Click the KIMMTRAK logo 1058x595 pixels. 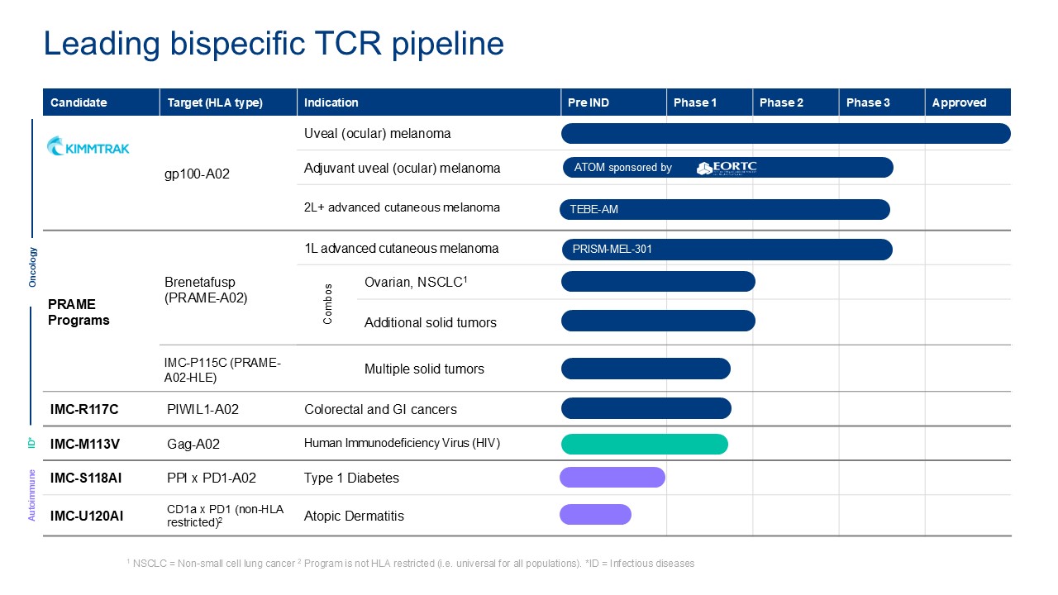point(88,147)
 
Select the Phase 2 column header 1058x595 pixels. point(781,102)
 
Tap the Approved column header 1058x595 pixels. point(959,102)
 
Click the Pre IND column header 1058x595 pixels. point(589,102)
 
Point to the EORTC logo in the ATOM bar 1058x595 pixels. point(727,168)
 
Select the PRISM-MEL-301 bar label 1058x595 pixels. point(612,249)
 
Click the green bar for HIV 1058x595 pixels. point(644,444)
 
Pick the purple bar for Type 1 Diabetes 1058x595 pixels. point(612,478)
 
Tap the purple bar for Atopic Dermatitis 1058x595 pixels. point(595,515)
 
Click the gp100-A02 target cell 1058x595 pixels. point(198,174)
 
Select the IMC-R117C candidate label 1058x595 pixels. point(83,409)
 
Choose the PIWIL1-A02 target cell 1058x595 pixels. point(203,409)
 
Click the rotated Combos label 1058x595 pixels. point(328,303)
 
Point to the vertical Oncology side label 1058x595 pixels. point(33,266)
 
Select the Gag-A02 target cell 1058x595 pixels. point(193,444)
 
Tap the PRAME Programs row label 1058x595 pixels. point(79,312)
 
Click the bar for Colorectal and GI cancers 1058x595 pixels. point(646,408)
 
